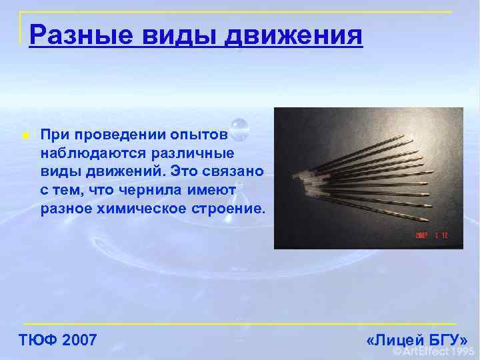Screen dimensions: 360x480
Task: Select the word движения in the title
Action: pyautogui.click(x=295, y=33)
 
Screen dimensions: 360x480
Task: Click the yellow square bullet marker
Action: pyautogui.click(x=25, y=135)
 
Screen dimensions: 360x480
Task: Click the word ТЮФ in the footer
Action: pyautogui.click(x=37, y=340)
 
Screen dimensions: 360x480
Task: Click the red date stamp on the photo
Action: pyautogui.click(x=431, y=235)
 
